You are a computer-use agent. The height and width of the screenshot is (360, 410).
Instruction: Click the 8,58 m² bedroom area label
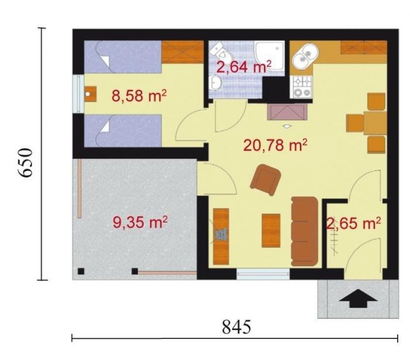(139, 96)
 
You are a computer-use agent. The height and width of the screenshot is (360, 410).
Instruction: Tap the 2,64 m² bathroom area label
(243, 66)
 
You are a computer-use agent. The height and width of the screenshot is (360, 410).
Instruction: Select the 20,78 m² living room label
(275, 145)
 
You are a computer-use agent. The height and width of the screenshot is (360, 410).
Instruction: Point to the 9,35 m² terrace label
(140, 222)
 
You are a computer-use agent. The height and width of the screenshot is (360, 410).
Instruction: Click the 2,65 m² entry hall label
(354, 224)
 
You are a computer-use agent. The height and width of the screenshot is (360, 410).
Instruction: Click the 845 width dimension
(237, 327)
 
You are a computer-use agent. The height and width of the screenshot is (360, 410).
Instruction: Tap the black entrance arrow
(358, 299)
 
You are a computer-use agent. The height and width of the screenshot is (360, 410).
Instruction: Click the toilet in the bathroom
(220, 51)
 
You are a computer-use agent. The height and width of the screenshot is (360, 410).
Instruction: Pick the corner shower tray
(269, 56)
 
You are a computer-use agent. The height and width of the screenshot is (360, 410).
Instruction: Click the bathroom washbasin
(215, 83)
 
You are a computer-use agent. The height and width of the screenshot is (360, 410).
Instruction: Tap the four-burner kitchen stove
(303, 87)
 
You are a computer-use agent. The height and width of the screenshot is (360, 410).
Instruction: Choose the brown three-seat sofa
(305, 231)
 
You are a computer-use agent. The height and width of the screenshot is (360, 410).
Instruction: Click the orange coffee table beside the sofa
(271, 231)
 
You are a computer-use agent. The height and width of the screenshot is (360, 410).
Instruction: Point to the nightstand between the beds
(90, 94)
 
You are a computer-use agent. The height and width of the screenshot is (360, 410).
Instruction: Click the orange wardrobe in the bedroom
(183, 52)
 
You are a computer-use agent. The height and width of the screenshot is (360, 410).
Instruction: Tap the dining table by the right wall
(375, 123)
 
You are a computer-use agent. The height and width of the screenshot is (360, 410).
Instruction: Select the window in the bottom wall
(264, 275)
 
